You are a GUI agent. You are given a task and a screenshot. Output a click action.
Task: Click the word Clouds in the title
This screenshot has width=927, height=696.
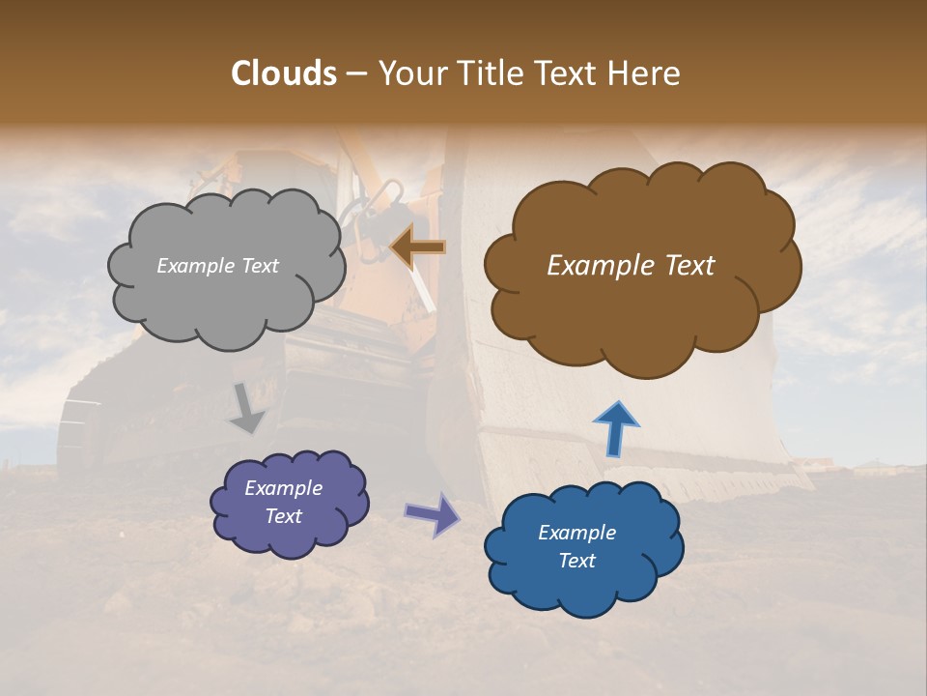284,73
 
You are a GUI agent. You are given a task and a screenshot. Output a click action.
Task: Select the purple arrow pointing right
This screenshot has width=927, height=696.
433,513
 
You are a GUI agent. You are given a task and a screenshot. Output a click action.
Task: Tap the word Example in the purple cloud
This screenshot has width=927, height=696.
283,488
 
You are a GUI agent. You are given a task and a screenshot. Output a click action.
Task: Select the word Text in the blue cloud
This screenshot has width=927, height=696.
576,561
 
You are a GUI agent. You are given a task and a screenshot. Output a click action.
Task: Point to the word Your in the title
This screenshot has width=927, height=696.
408,73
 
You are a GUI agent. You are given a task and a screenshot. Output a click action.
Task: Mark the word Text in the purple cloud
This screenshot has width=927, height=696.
283,516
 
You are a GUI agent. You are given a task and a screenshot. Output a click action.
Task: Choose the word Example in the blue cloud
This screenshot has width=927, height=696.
576,533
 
